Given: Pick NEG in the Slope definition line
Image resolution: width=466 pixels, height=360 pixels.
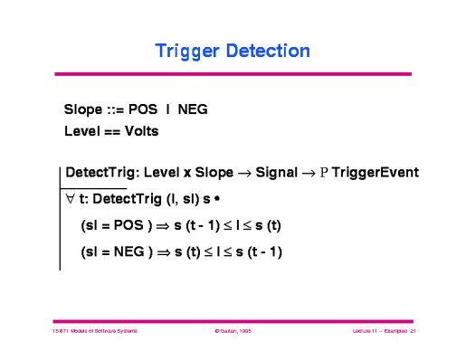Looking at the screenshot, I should [193, 109].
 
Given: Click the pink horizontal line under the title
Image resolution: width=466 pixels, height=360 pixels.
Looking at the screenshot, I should [233, 74].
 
